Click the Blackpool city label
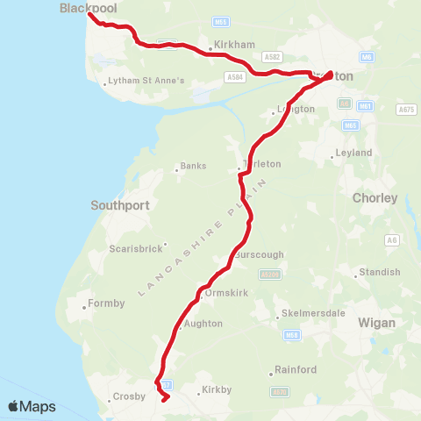click(89, 8)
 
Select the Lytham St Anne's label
click(147, 82)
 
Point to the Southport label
click(120, 205)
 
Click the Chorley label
click(375, 198)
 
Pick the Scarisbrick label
click(136, 248)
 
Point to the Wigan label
click(377, 323)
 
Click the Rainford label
click(295, 370)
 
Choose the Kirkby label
click(214, 388)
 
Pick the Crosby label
click(129, 397)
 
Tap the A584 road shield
click(234, 77)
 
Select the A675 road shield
click(406, 110)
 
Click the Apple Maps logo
click(32, 406)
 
